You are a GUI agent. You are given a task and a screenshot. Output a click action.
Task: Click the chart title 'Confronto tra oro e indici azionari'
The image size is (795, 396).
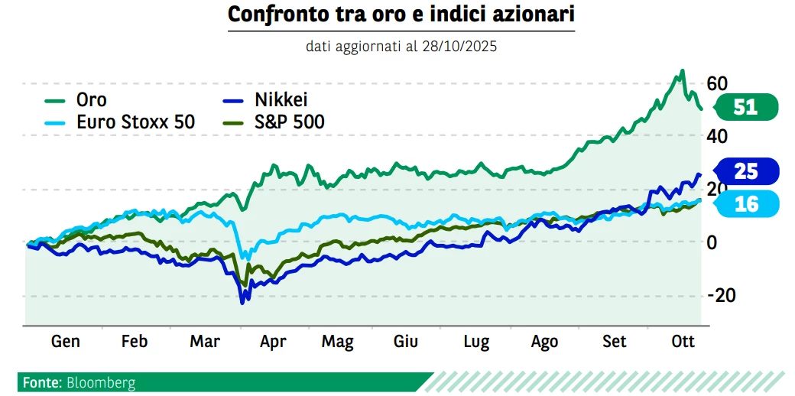401,15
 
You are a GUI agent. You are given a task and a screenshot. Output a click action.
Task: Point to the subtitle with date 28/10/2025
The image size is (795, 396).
401,47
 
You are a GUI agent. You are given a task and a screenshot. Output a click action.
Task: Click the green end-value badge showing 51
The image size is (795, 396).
745,107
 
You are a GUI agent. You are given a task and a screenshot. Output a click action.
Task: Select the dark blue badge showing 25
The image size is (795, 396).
745,171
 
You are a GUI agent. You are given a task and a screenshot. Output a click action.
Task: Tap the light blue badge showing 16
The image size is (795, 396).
745,203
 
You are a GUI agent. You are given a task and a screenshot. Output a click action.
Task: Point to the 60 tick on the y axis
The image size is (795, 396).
716,83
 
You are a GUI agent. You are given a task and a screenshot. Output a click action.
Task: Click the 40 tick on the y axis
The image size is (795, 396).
716,136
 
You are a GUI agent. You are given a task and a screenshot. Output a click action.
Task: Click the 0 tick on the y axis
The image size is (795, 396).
712,242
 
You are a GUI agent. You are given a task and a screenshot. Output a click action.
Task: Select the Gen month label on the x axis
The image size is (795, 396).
65,341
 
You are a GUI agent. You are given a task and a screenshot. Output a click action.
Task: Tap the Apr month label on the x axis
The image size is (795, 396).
273,341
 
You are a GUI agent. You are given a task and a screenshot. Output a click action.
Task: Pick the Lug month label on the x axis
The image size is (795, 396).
476,341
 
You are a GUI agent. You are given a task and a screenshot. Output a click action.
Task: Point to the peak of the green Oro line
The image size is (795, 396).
682,71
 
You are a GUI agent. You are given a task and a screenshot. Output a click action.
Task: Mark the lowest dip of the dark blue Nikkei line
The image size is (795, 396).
242,303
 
